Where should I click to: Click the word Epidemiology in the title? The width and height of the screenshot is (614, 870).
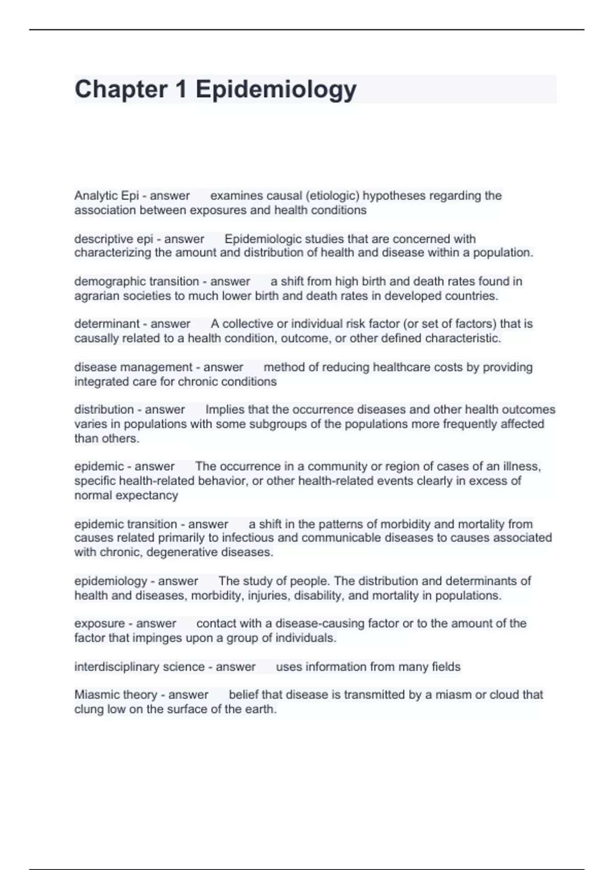[276, 90]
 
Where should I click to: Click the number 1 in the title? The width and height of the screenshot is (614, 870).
[181, 90]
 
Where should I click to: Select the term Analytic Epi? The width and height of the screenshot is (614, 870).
[106, 195]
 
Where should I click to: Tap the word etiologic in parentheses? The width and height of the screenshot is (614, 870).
[333, 195]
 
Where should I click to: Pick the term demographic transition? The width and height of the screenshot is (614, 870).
[137, 281]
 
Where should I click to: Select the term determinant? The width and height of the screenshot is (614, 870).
[107, 324]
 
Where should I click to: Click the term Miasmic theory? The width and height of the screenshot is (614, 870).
[116, 694]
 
